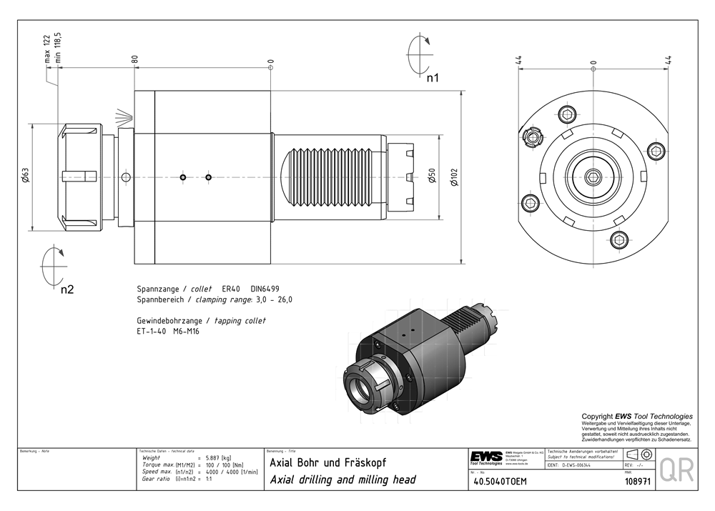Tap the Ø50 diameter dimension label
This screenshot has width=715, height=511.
tap(431, 177)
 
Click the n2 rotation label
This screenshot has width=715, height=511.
tap(67, 289)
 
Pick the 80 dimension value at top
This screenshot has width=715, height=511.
tap(134, 60)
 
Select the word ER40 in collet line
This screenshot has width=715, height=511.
tap(232, 289)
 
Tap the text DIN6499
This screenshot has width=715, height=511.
tap(266, 289)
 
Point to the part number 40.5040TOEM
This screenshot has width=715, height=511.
tap(500, 481)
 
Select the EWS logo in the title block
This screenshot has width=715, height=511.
tap(486, 457)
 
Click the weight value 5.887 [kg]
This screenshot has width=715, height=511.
tap(218, 458)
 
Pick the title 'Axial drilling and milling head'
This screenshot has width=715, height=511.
tap(342, 480)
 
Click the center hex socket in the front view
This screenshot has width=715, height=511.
tap(593, 177)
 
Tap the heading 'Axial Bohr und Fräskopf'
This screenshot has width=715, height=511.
tap(327, 462)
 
